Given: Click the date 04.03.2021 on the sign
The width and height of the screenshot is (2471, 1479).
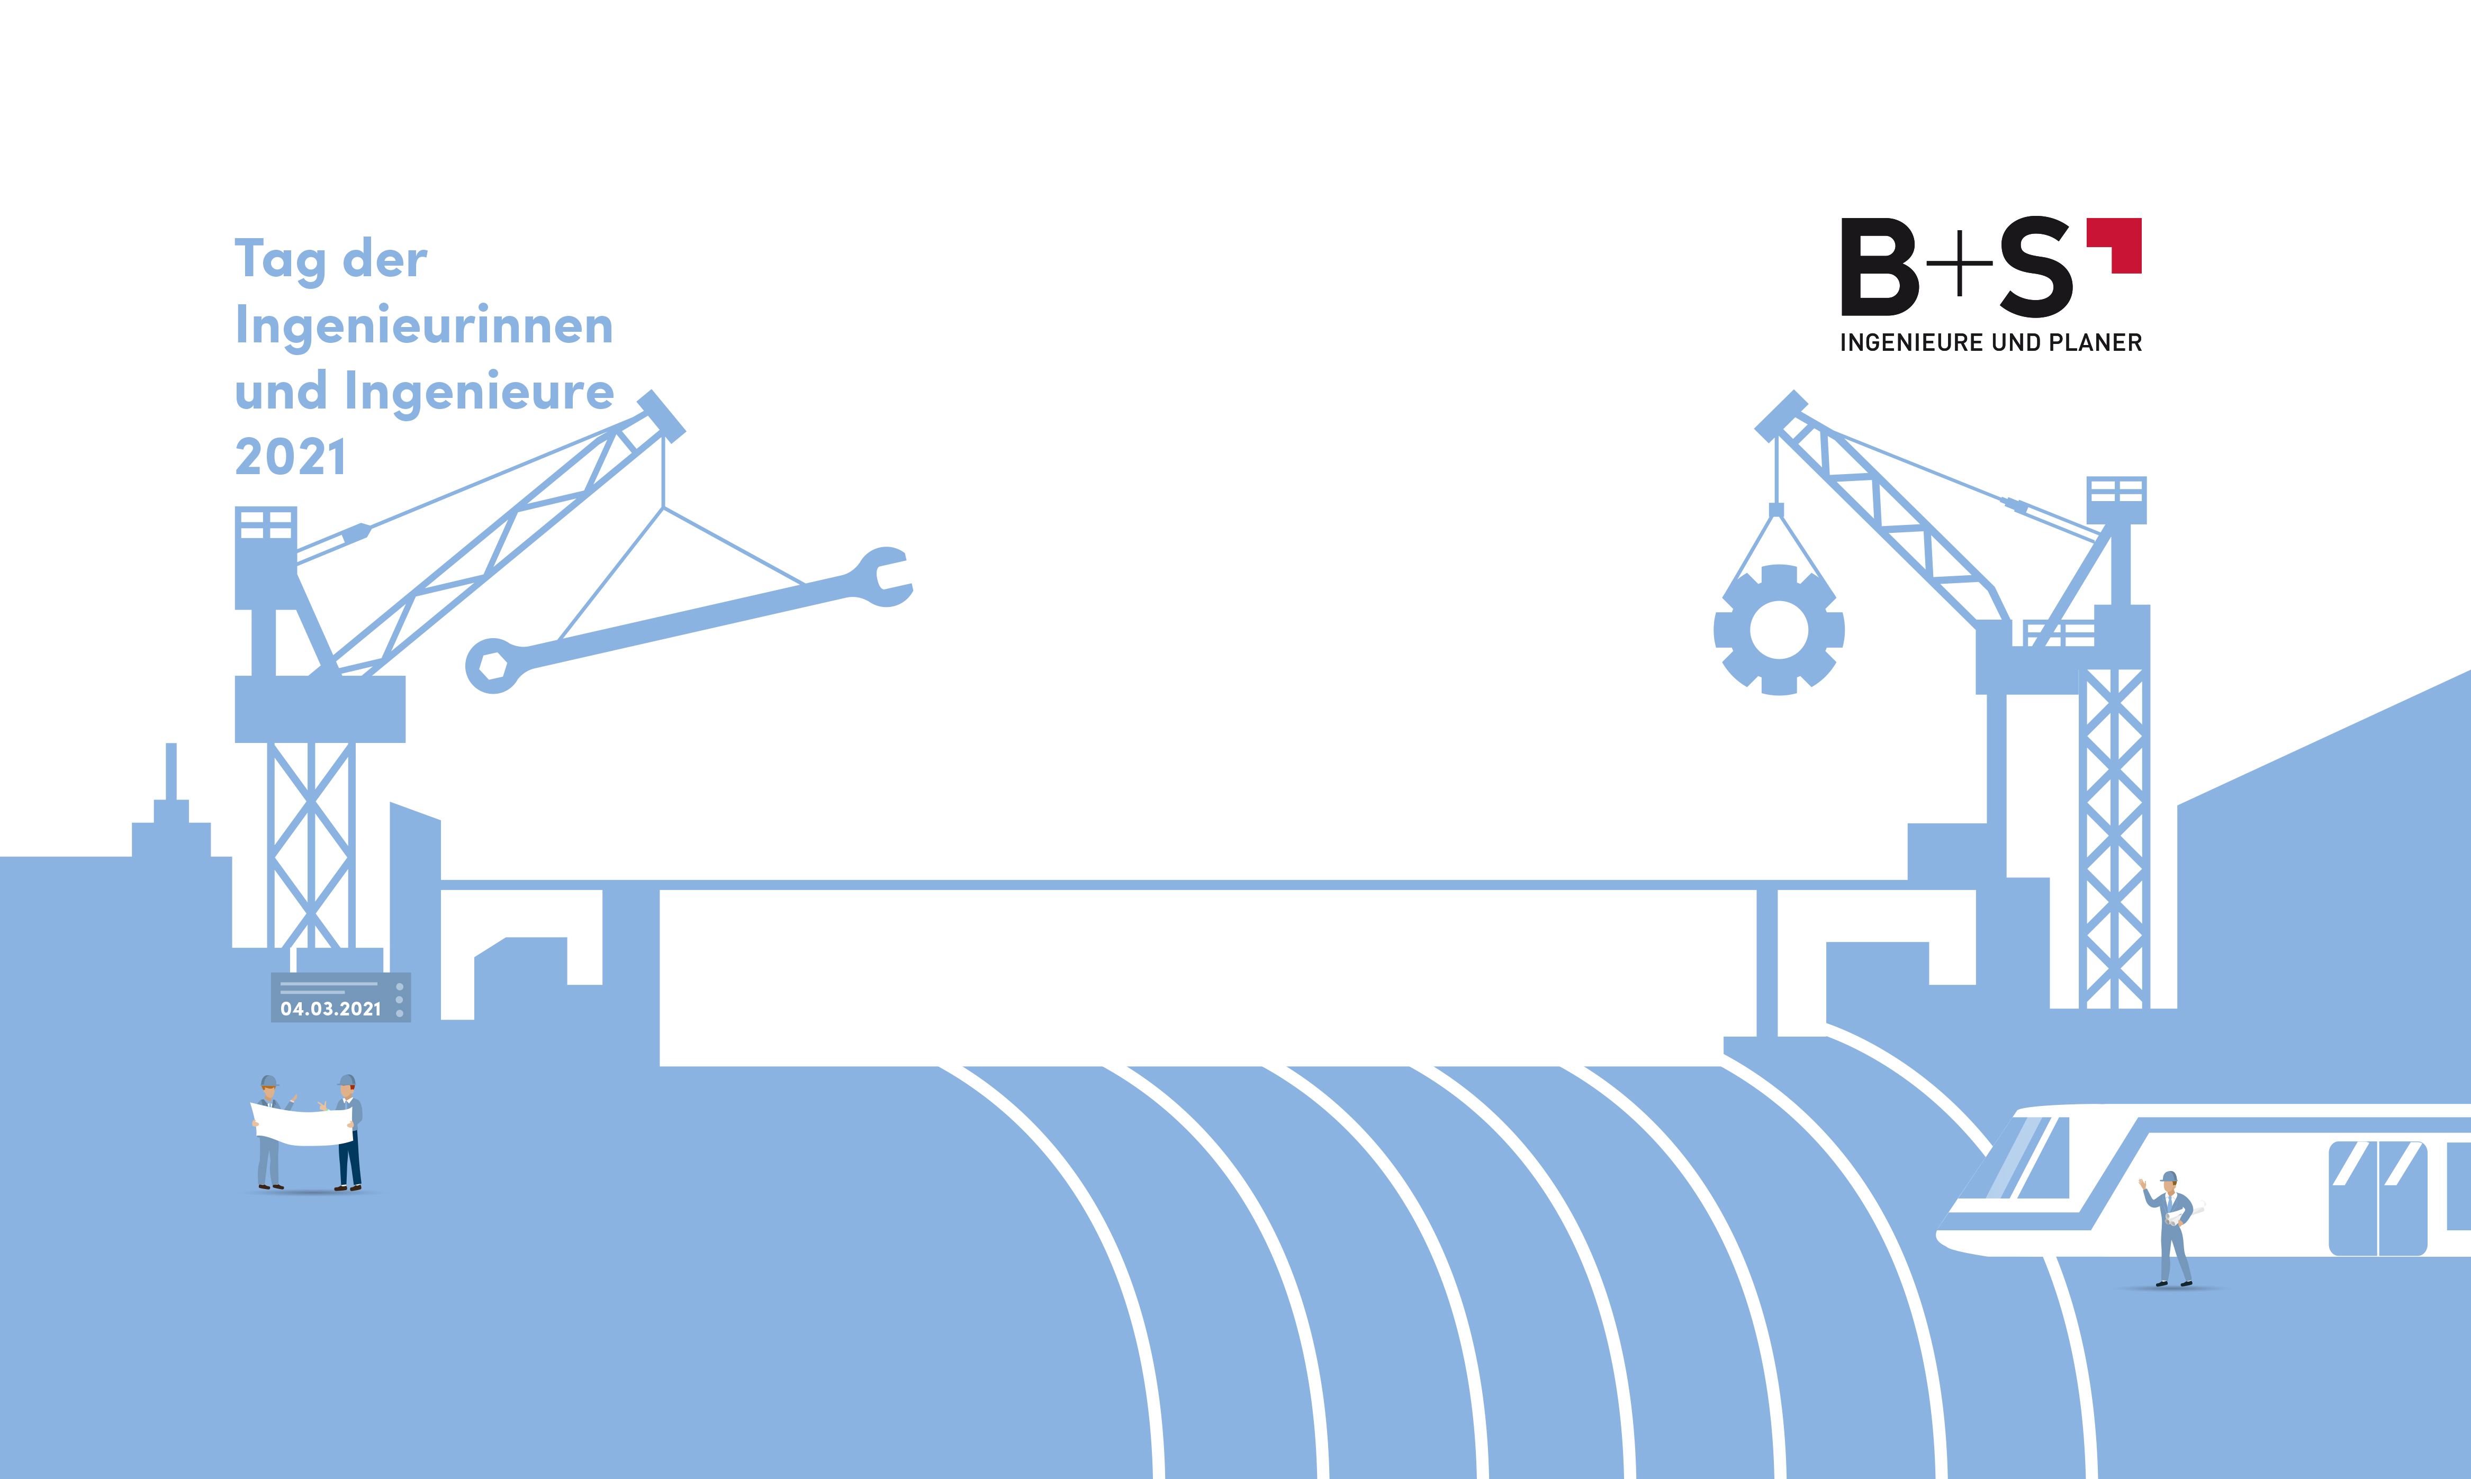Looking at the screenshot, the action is tap(331, 1009).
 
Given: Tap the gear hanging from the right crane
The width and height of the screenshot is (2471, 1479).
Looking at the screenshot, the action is tap(1779, 630).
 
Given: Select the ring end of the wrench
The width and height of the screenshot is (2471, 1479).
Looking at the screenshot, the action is tap(492, 666).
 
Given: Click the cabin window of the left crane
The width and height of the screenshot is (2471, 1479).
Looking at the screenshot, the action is tap(266, 524).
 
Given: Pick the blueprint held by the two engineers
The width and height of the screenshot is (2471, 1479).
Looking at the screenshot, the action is tap(303, 1124).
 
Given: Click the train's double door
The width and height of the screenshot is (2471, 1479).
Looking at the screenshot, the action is tap(2378, 1198).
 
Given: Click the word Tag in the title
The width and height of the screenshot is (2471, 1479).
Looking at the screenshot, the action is tap(280, 261).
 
